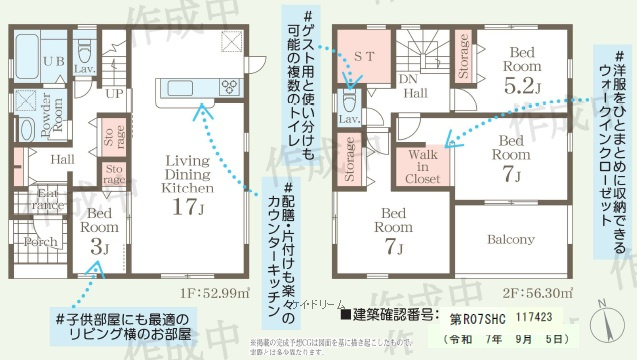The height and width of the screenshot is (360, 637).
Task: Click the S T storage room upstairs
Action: click(x=363, y=59)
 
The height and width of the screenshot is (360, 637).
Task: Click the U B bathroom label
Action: click(x=28, y=62)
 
